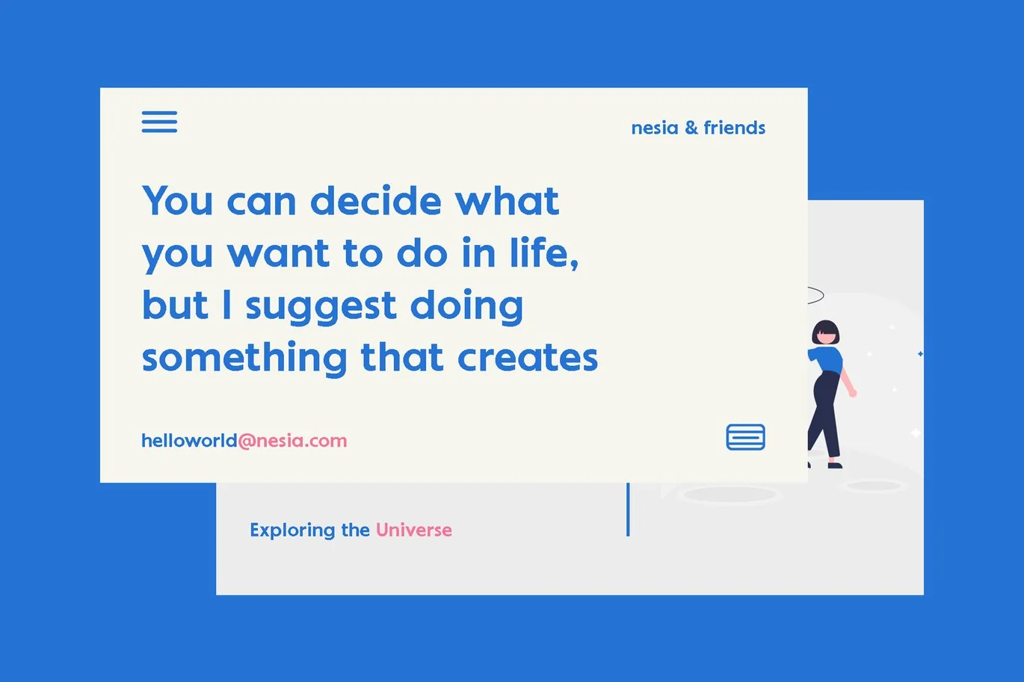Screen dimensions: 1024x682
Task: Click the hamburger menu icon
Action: point(159,122)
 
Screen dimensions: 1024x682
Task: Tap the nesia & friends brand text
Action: point(698,128)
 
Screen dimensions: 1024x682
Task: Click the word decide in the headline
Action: point(376,200)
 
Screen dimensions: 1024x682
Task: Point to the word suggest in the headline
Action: point(321,306)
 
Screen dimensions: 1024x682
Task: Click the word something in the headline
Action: point(244,359)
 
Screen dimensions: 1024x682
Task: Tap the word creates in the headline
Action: point(528,358)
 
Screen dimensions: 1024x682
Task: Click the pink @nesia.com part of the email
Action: point(292,441)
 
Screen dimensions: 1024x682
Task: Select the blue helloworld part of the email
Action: point(189,441)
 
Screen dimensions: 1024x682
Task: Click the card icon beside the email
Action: point(746,437)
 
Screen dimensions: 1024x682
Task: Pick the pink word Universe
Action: point(414,530)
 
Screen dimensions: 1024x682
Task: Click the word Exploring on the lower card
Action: point(292,531)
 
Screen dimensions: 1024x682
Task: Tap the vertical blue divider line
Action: point(628,509)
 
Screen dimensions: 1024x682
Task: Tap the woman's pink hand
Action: point(853,393)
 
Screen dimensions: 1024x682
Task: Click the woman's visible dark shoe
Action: point(835,465)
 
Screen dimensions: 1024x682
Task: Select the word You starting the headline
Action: point(178,200)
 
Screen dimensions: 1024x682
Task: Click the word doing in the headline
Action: point(466,306)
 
